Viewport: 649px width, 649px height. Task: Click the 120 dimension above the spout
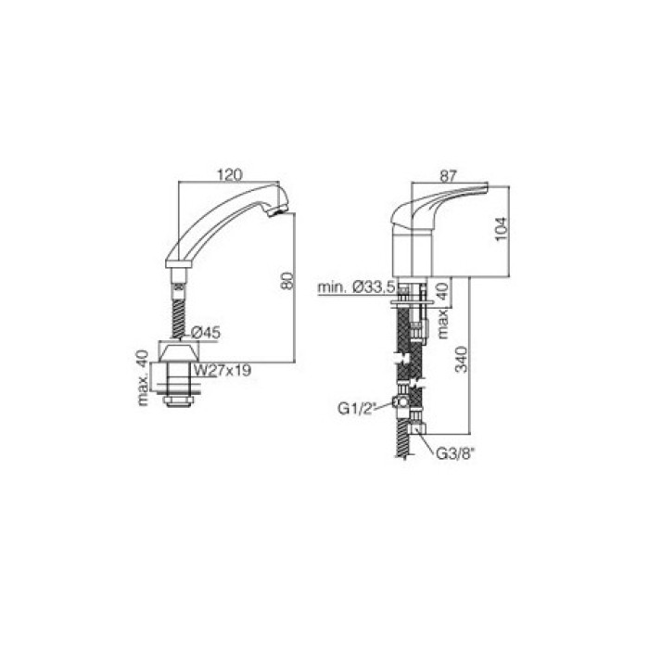click(x=230, y=174)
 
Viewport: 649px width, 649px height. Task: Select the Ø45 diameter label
click(x=206, y=332)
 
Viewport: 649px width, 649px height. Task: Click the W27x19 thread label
click(x=223, y=370)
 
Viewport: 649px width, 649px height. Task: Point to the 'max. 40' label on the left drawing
click(x=143, y=378)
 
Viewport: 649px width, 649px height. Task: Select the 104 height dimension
click(x=502, y=229)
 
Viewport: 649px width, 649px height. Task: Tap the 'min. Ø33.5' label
click(x=356, y=286)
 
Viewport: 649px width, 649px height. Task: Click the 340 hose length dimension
click(x=461, y=360)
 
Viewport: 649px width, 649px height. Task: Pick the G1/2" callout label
click(x=356, y=409)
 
